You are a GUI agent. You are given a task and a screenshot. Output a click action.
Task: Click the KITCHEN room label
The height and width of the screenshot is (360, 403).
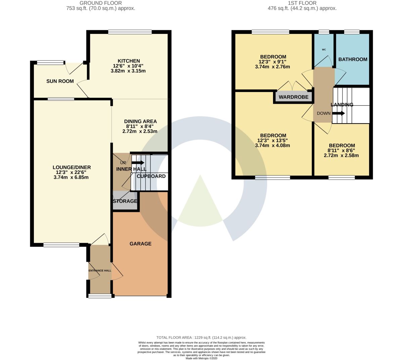click(129, 61)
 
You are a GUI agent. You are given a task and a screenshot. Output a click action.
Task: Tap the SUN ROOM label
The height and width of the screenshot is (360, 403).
click(60, 81)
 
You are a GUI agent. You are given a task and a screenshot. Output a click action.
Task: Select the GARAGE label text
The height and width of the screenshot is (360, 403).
click(140, 244)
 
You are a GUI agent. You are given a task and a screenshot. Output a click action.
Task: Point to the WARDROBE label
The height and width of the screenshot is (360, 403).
click(294, 97)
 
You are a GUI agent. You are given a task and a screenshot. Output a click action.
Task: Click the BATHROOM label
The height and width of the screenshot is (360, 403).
click(353, 59)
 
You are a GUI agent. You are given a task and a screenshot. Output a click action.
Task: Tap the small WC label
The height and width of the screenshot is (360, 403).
click(324, 49)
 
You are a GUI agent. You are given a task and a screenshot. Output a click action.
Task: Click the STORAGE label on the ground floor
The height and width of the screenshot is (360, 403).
click(125, 201)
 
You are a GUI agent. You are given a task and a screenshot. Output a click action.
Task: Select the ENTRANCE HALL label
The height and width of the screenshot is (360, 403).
click(100, 270)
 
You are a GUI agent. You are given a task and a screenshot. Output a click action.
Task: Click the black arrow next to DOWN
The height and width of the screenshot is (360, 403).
click(339, 114)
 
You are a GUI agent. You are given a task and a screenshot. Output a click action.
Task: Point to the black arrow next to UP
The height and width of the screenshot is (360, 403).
click(138, 163)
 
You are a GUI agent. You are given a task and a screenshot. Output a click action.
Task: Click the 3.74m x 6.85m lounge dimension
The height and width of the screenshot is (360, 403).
click(71, 177)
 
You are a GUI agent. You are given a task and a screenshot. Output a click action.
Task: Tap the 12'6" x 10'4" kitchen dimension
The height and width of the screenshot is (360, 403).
click(128, 66)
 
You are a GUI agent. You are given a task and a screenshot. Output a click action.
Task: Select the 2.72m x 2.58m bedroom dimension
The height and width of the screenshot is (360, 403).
click(341, 155)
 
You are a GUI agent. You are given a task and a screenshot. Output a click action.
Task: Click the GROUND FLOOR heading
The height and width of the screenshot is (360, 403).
click(101, 3)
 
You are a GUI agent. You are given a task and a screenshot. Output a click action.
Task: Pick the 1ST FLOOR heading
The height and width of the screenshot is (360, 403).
click(302, 3)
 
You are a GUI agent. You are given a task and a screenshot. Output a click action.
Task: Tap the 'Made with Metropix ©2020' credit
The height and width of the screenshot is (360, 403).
click(201, 358)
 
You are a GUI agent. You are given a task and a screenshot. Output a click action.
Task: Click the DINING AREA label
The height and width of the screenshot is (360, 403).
click(140, 121)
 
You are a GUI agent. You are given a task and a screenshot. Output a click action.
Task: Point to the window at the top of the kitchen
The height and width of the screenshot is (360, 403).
click(130, 32)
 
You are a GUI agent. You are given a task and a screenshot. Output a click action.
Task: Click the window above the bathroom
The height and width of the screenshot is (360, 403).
click(352, 32)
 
